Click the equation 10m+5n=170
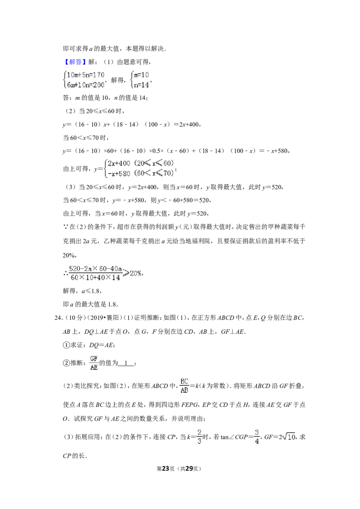pyautogui.click(x=85, y=75)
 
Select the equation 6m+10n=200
pyautogui.click(x=85, y=85)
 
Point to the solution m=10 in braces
pyautogui.click(x=141, y=75)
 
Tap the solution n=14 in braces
pyautogui.click(x=141, y=85)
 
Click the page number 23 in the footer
pyautogui.click(x=166, y=469)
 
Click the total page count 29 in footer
pyautogui.click(x=189, y=469)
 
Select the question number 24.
pyautogui.click(x=58, y=318)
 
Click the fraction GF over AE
pyautogui.click(x=94, y=363)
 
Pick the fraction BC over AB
pyautogui.click(x=184, y=386)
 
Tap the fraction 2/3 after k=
pyautogui.click(x=199, y=437)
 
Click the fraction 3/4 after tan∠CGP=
pyautogui.click(x=256, y=437)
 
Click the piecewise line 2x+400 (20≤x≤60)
pyautogui.click(x=141, y=163)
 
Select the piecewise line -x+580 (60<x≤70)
pyautogui.click(x=141, y=174)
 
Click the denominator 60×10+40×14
pyautogui.click(x=95, y=277)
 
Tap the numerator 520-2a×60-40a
pyautogui.click(x=95, y=269)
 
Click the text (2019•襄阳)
pyautogui.click(x=104, y=318)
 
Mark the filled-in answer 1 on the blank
pyautogui.click(x=126, y=363)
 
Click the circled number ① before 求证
pyautogui.click(x=66, y=345)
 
